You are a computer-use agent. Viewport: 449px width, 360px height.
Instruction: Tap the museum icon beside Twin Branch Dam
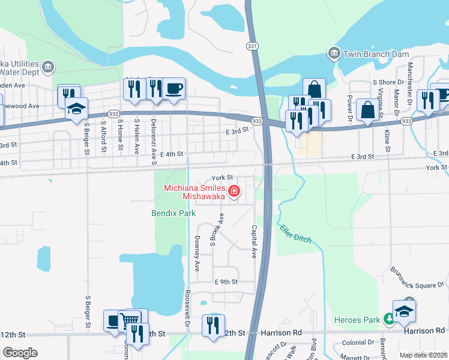[333, 54]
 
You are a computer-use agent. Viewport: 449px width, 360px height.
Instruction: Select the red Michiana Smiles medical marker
[234, 192]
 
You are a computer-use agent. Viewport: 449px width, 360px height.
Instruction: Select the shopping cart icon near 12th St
[128, 320]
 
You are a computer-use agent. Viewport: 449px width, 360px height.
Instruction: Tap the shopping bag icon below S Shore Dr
[367, 110]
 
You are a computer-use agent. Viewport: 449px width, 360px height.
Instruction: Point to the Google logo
[20, 352]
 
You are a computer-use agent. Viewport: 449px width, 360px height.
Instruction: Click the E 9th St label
[226, 281]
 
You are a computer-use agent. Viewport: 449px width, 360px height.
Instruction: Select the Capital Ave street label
[254, 242]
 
